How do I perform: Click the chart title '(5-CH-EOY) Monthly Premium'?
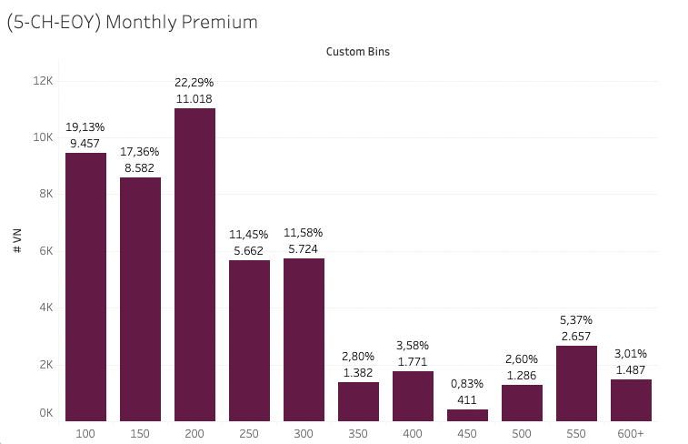[133, 22]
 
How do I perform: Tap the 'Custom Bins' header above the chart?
[357, 52]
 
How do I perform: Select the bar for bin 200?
[194, 264]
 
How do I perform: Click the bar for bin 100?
[85, 287]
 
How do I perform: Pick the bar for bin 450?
[467, 415]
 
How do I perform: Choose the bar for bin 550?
[576, 383]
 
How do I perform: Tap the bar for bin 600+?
[631, 399]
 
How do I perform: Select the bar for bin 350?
[358, 401]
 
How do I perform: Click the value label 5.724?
[304, 248]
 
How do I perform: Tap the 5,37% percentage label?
[576, 320]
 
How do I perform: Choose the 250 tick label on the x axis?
[249, 433]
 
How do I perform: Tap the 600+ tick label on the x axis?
[631, 433]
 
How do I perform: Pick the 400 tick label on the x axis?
[413, 433]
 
